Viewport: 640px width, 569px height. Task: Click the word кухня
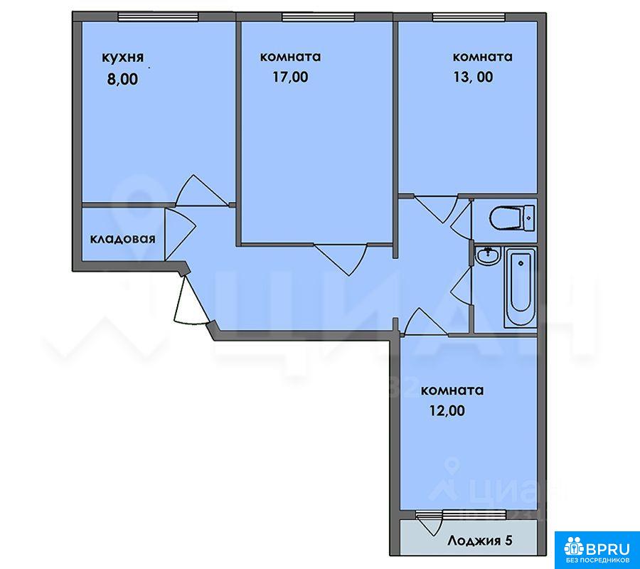tap(122, 58)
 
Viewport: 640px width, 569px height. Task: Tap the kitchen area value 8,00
tap(122, 79)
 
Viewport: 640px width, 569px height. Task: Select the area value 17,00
tap(290, 77)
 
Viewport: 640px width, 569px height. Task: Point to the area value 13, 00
tap(473, 77)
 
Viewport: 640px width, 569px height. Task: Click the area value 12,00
tap(447, 410)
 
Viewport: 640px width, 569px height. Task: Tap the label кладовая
tap(122, 239)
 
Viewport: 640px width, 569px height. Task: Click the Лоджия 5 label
tap(479, 541)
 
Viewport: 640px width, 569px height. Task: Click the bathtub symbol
tap(521, 287)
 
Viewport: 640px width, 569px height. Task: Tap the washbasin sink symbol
tap(487, 255)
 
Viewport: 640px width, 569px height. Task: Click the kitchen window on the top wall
tap(158, 16)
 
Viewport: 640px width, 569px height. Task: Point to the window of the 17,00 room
tap(318, 16)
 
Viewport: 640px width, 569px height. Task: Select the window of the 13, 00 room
tap(469, 16)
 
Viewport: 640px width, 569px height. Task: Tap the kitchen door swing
tap(201, 190)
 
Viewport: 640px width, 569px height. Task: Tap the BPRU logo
tap(597, 549)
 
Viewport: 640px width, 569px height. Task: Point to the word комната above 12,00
tap(452, 390)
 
